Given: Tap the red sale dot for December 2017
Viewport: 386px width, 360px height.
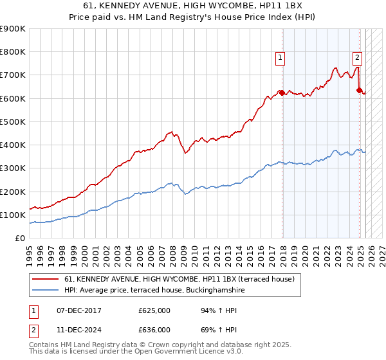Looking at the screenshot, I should point(282,93).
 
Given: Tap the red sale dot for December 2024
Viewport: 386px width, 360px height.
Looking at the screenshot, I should point(359,90).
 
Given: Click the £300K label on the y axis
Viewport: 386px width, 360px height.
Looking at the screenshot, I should point(13,168).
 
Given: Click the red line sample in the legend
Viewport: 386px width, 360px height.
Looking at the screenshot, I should point(46,279).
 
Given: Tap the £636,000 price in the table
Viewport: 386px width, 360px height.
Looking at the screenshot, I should point(154,329).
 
